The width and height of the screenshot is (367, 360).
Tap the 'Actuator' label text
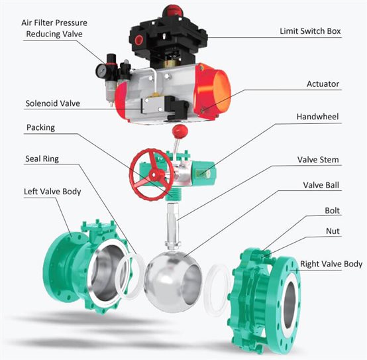pyautogui.click(x=323, y=84)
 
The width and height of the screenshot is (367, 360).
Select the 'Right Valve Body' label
pyautogui.click(x=331, y=263)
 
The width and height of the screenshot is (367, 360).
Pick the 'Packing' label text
pyautogui.click(x=40, y=127)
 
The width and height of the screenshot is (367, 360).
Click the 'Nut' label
pyautogui.click(x=333, y=231)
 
